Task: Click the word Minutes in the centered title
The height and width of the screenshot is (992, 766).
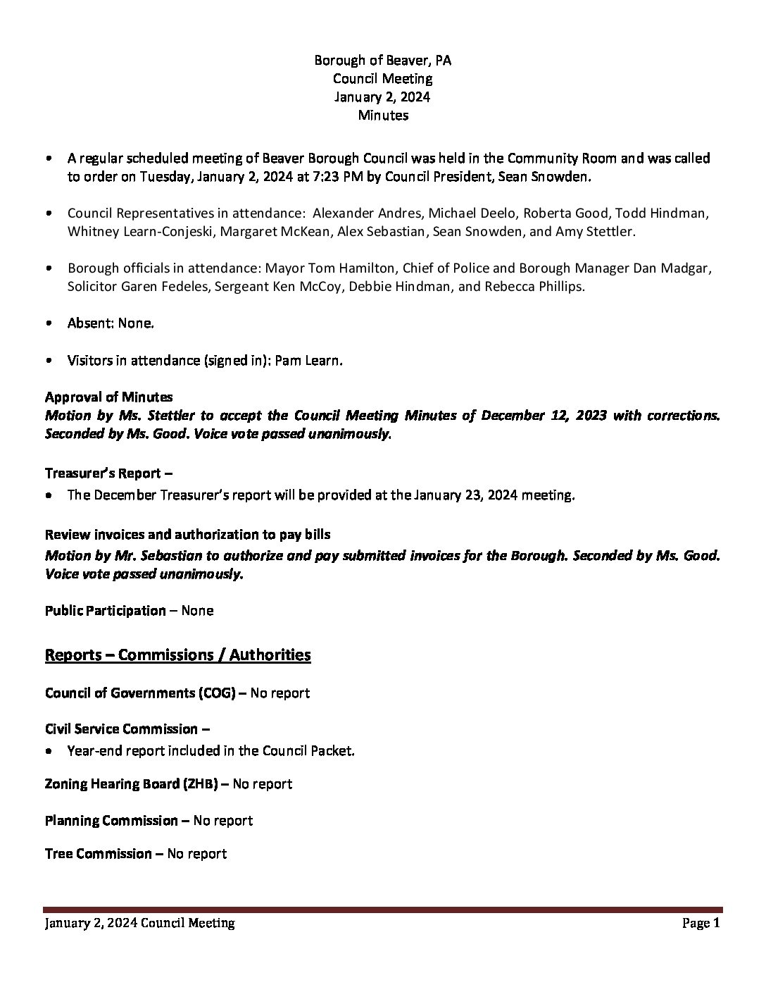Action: [383, 115]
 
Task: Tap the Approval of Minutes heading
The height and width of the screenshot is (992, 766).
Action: [108, 397]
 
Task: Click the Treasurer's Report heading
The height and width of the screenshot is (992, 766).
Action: [103, 473]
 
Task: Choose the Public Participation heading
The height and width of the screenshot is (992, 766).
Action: [105, 611]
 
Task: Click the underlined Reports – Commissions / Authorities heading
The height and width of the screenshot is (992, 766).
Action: [177, 655]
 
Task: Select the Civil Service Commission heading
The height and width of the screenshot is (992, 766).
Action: [121, 729]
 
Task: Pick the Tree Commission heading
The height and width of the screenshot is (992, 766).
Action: [98, 854]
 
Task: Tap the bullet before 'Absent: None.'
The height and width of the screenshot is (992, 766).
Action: [48, 324]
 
